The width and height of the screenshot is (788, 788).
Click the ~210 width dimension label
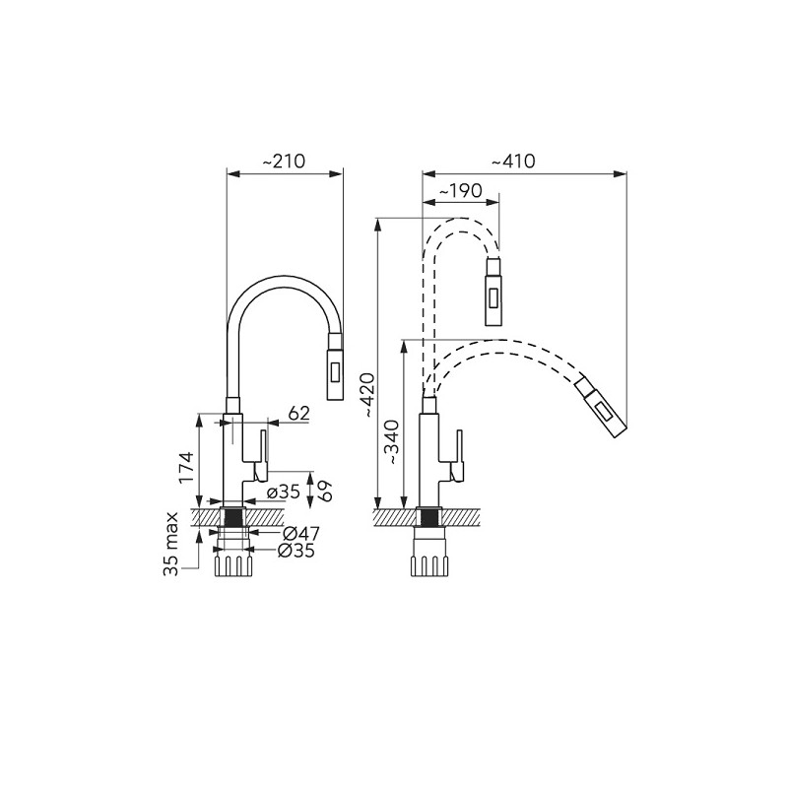[x=286, y=161]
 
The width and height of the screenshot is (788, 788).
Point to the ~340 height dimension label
[x=392, y=441]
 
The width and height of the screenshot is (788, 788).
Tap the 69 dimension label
[x=324, y=488]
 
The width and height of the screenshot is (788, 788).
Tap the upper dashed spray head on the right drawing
[x=494, y=290]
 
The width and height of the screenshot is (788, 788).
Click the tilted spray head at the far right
[x=602, y=405]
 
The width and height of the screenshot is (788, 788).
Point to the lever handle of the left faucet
[x=263, y=453]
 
